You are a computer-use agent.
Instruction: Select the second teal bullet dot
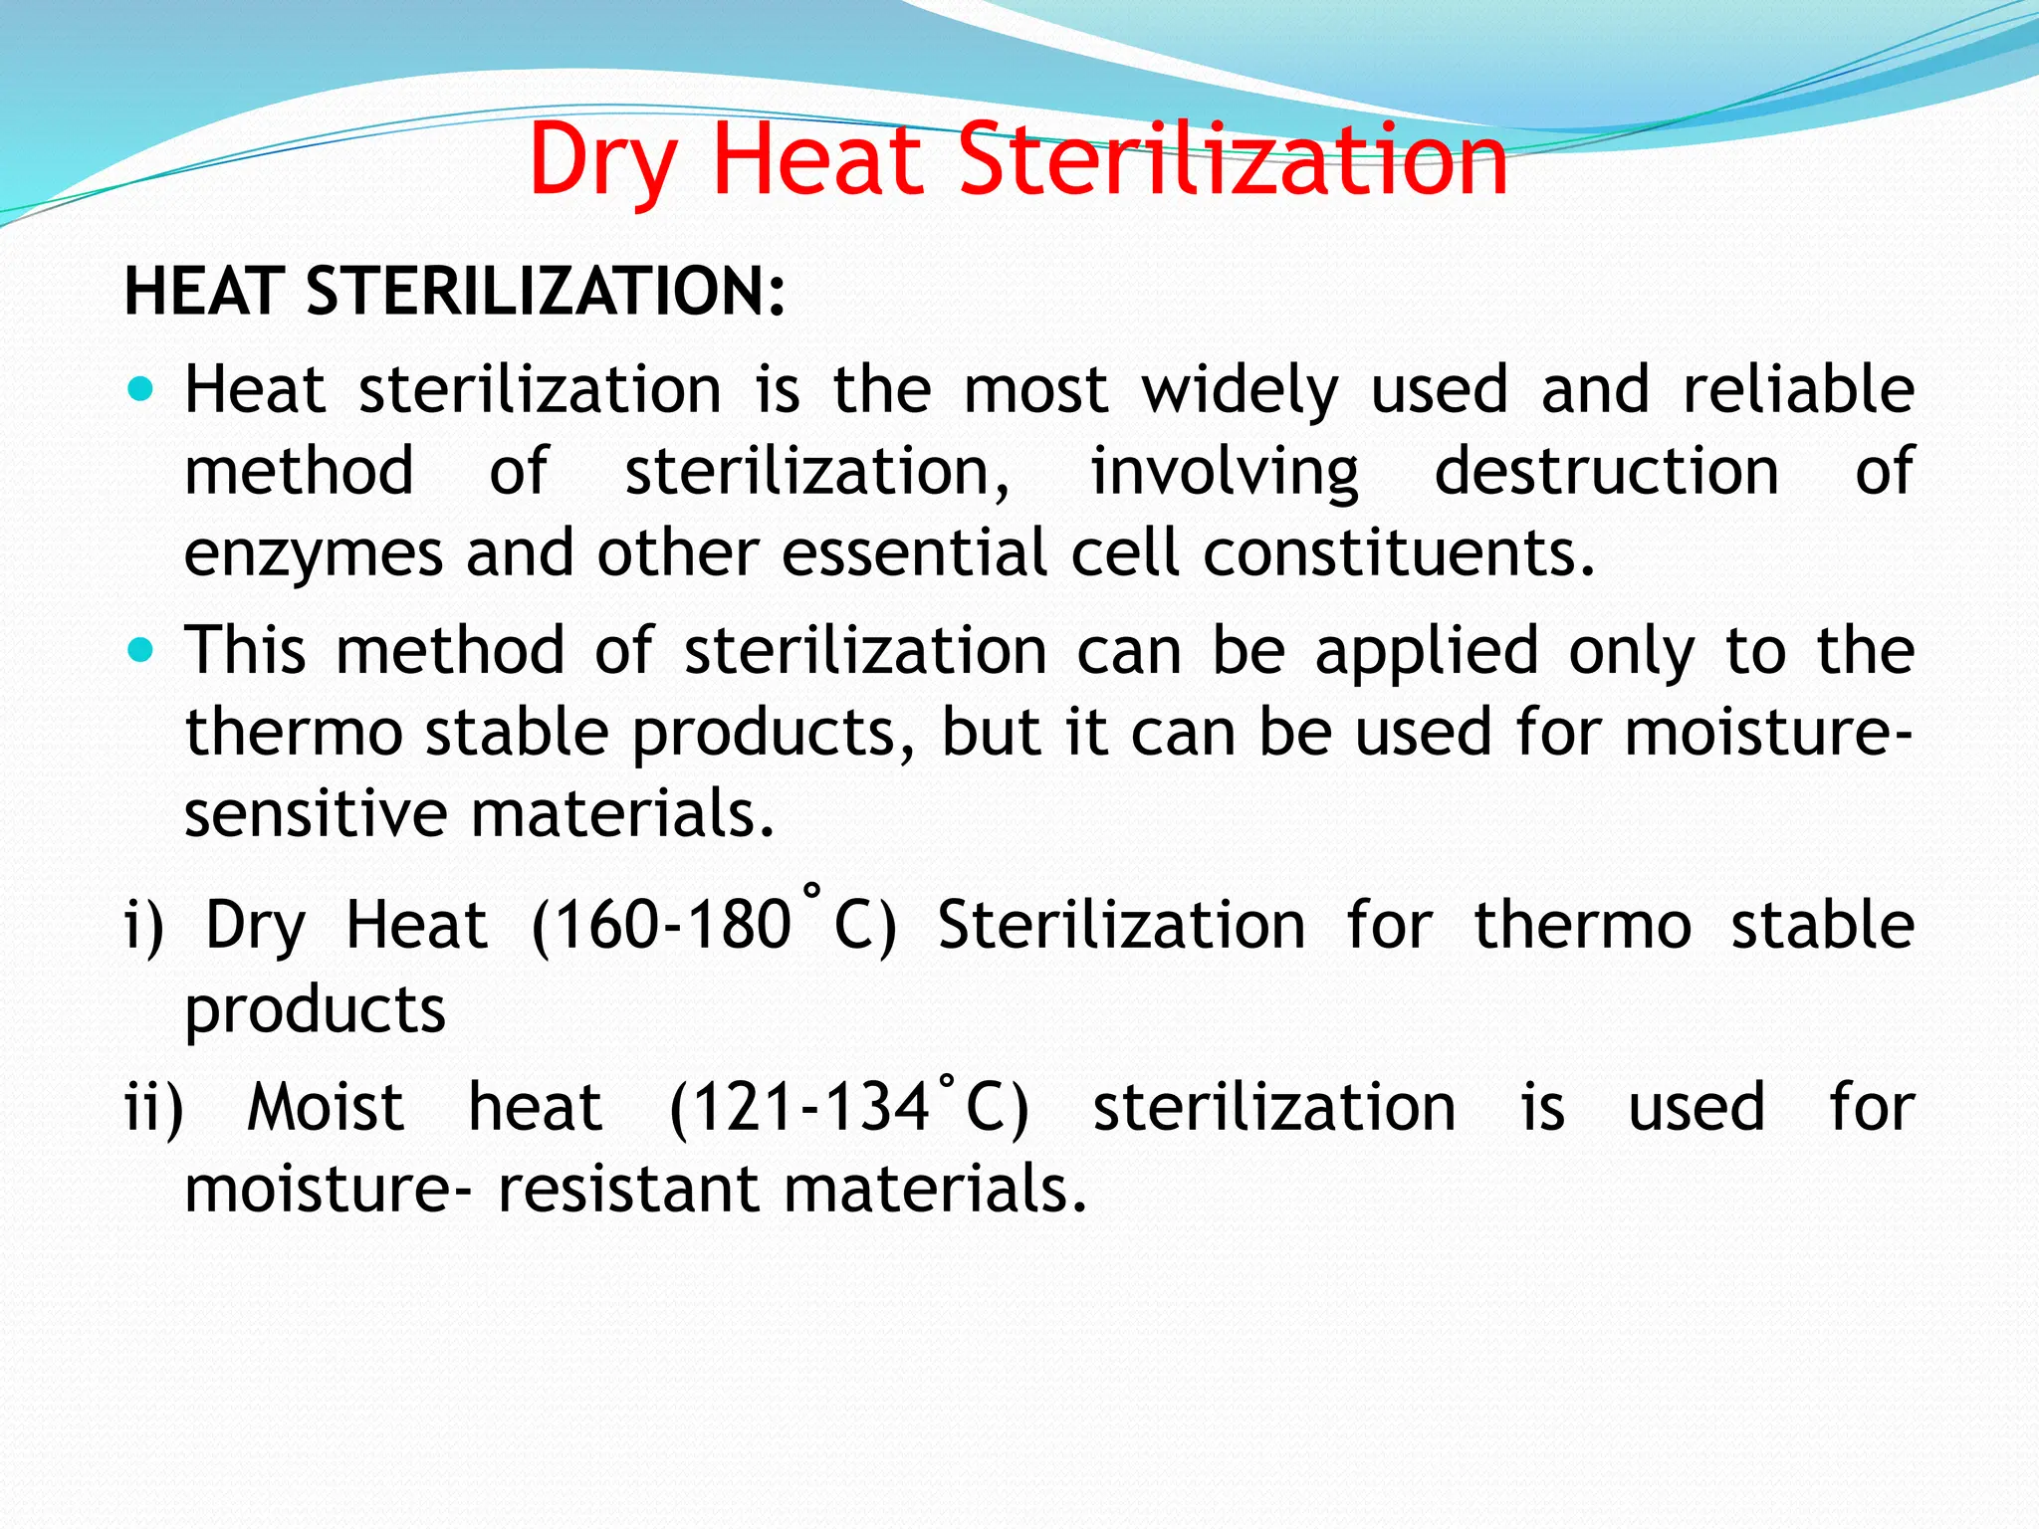[x=141, y=651]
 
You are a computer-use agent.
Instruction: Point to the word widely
[x=1240, y=390]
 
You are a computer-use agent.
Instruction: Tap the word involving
[x=1225, y=472]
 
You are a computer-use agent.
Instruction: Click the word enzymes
[x=314, y=554]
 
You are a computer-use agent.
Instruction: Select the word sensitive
[x=317, y=813]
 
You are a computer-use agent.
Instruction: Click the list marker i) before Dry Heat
[x=144, y=925]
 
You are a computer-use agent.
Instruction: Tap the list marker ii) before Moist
[x=154, y=1107]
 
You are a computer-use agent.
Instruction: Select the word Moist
[x=326, y=1107]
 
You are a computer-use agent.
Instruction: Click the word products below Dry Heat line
[x=315, y=1010]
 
